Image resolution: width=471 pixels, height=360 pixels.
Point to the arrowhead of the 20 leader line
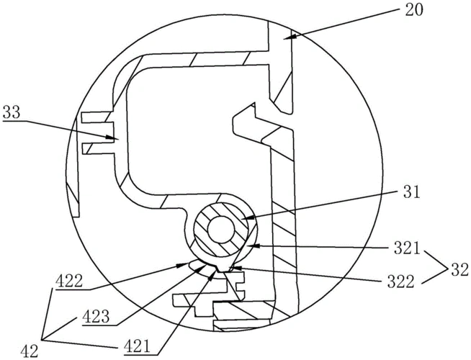(x=286, y=37)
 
